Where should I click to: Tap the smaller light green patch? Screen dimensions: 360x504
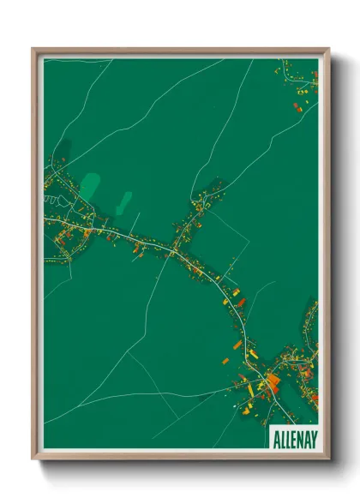pos(124,203)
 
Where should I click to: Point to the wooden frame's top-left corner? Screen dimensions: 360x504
pos(33,49)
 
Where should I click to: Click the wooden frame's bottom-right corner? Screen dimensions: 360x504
pos(328,459)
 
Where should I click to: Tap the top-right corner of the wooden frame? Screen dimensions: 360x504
pos(328,49)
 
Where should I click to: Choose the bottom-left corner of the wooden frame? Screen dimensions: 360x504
pos(33,459)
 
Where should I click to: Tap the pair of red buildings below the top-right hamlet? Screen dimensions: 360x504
pos(299,107)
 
